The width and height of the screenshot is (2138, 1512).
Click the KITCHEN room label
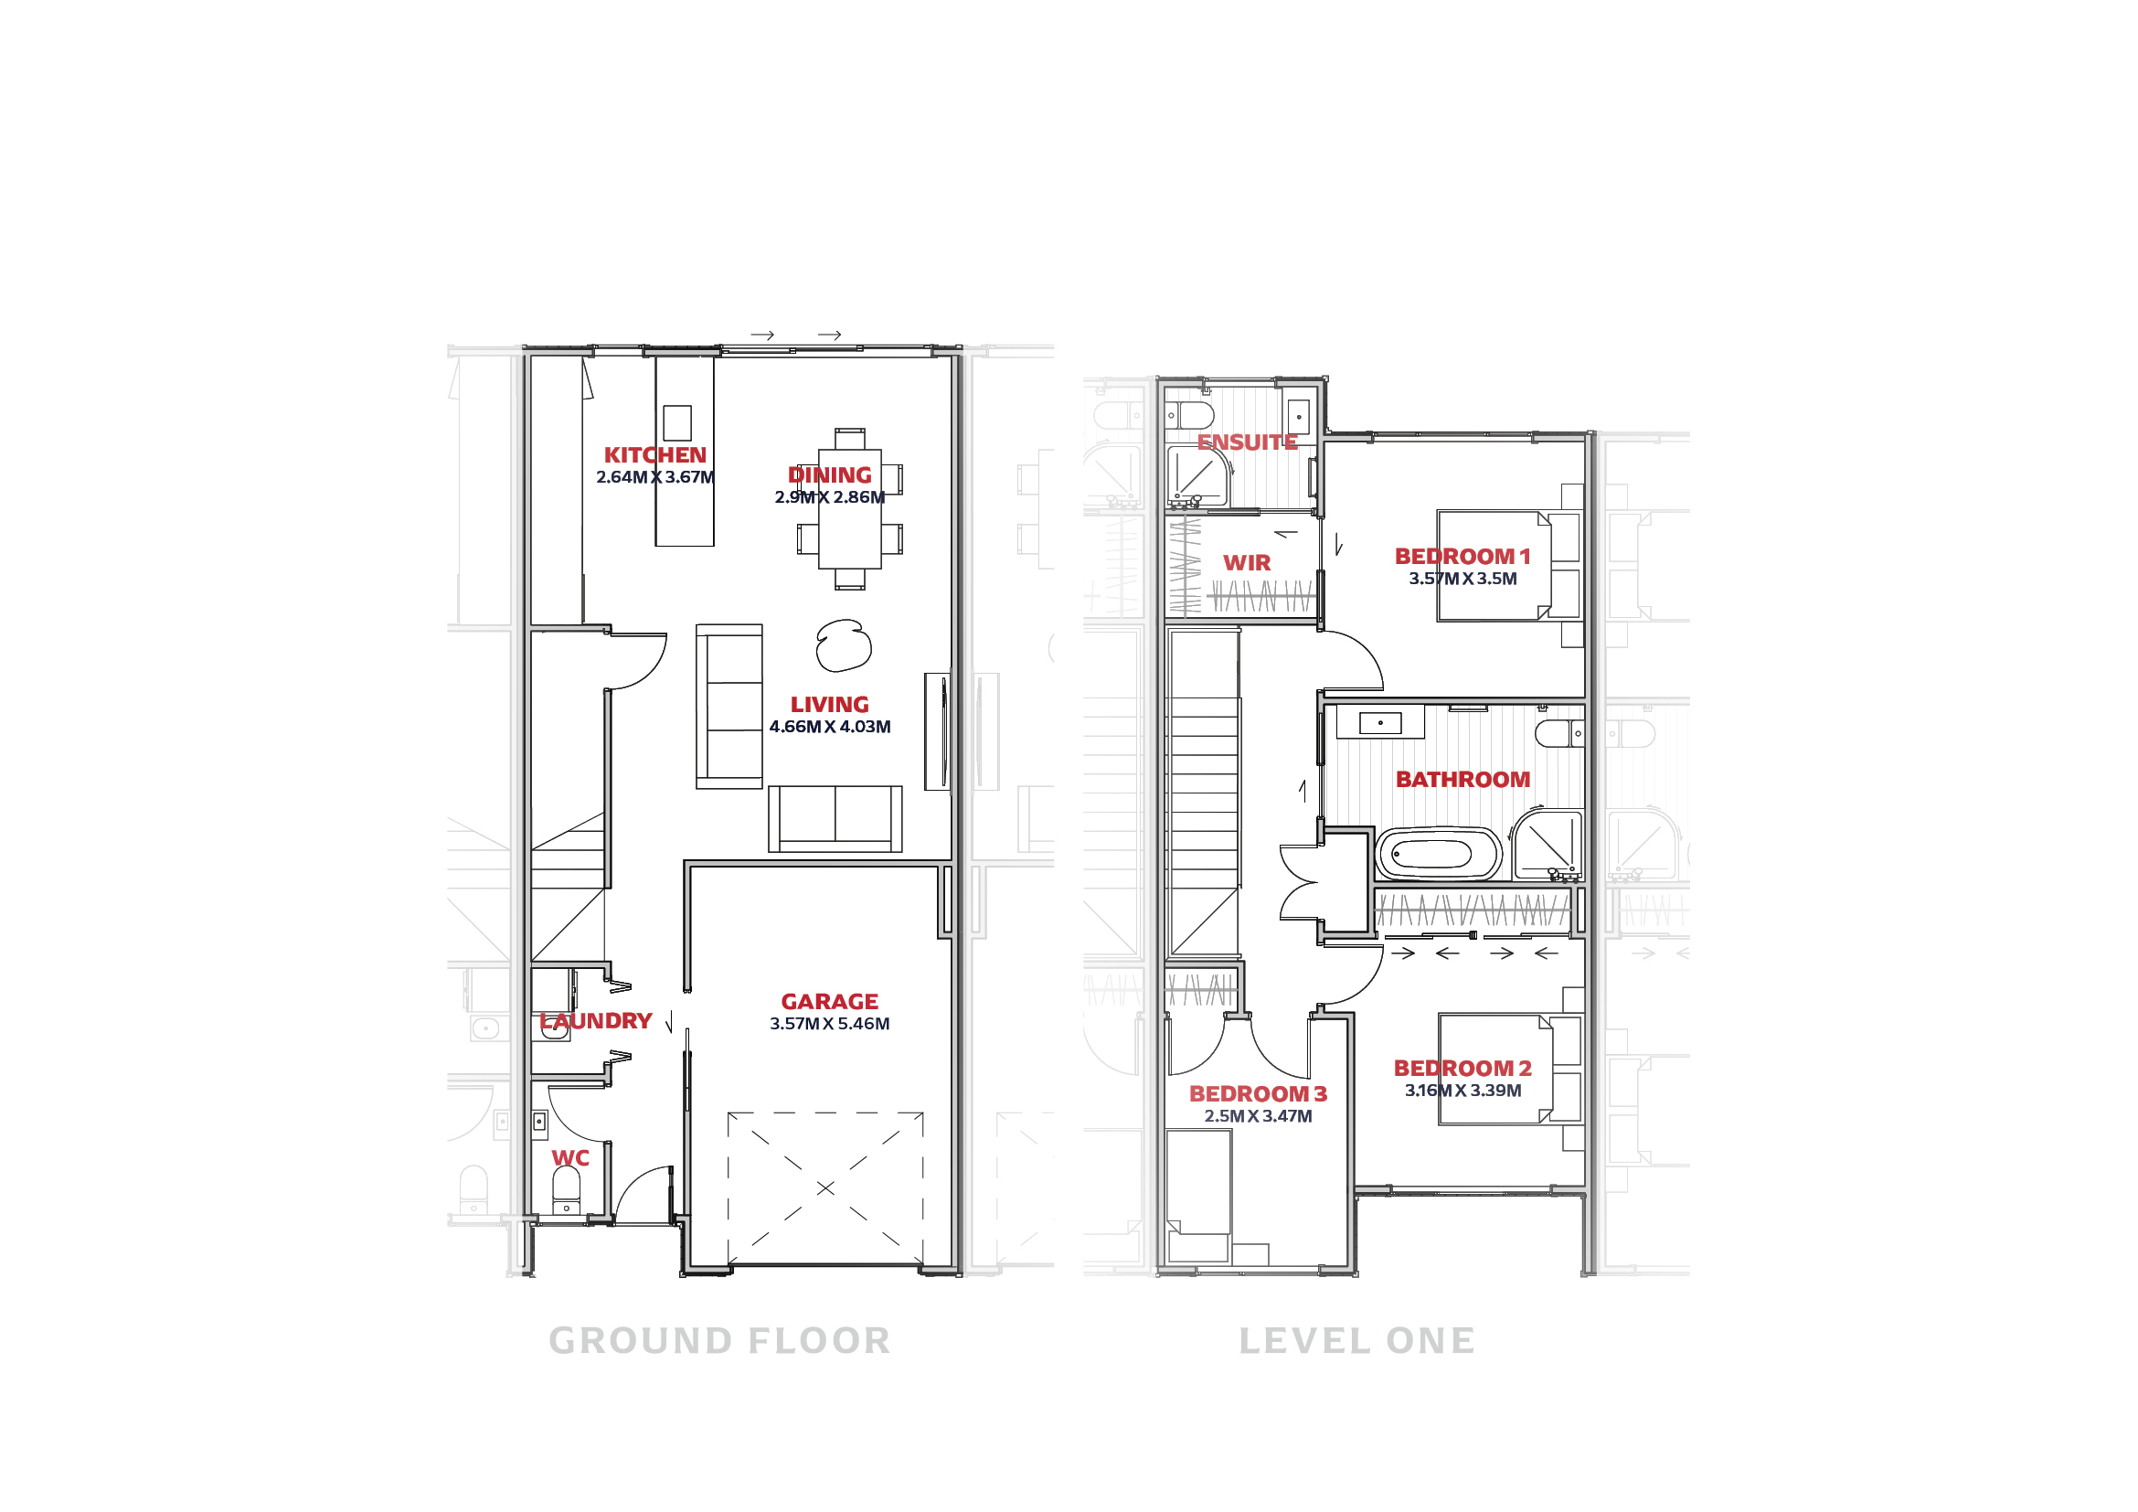[654, 455]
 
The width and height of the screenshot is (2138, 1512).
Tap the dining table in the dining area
[849, 509]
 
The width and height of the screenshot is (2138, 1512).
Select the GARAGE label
[829, 1002]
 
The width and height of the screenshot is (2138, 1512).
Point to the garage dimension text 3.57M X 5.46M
[829, 1024]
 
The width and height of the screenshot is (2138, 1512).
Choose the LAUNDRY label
[596, 1021]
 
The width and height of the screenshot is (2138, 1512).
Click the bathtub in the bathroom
[1438, 854]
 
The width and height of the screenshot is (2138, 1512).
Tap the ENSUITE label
[1247, 443]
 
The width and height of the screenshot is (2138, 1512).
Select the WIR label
[1246, 563]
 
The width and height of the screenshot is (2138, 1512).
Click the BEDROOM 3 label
[1257, 1094]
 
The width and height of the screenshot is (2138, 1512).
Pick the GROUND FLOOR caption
[718, 1341]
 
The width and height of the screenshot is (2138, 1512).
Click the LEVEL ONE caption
[1356, 1341]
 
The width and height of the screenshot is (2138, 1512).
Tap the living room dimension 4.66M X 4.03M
[829, 727]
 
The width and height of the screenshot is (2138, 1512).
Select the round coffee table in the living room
[844, 645]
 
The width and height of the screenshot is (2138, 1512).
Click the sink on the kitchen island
[677, 422]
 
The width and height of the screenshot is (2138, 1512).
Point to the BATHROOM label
[1462, 779]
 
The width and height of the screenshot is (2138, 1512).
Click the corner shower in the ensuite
[1199, 475]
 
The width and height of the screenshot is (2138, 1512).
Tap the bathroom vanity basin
[1380, 722]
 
